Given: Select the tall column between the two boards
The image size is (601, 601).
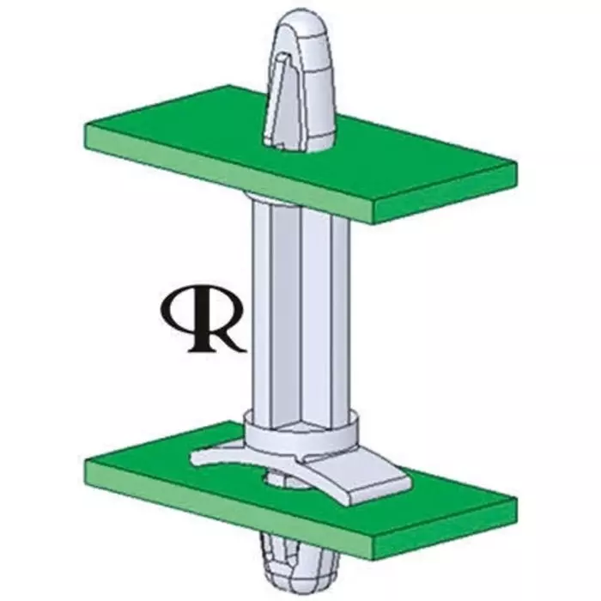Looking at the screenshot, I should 293,309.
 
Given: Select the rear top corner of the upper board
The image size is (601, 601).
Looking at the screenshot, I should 228,87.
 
